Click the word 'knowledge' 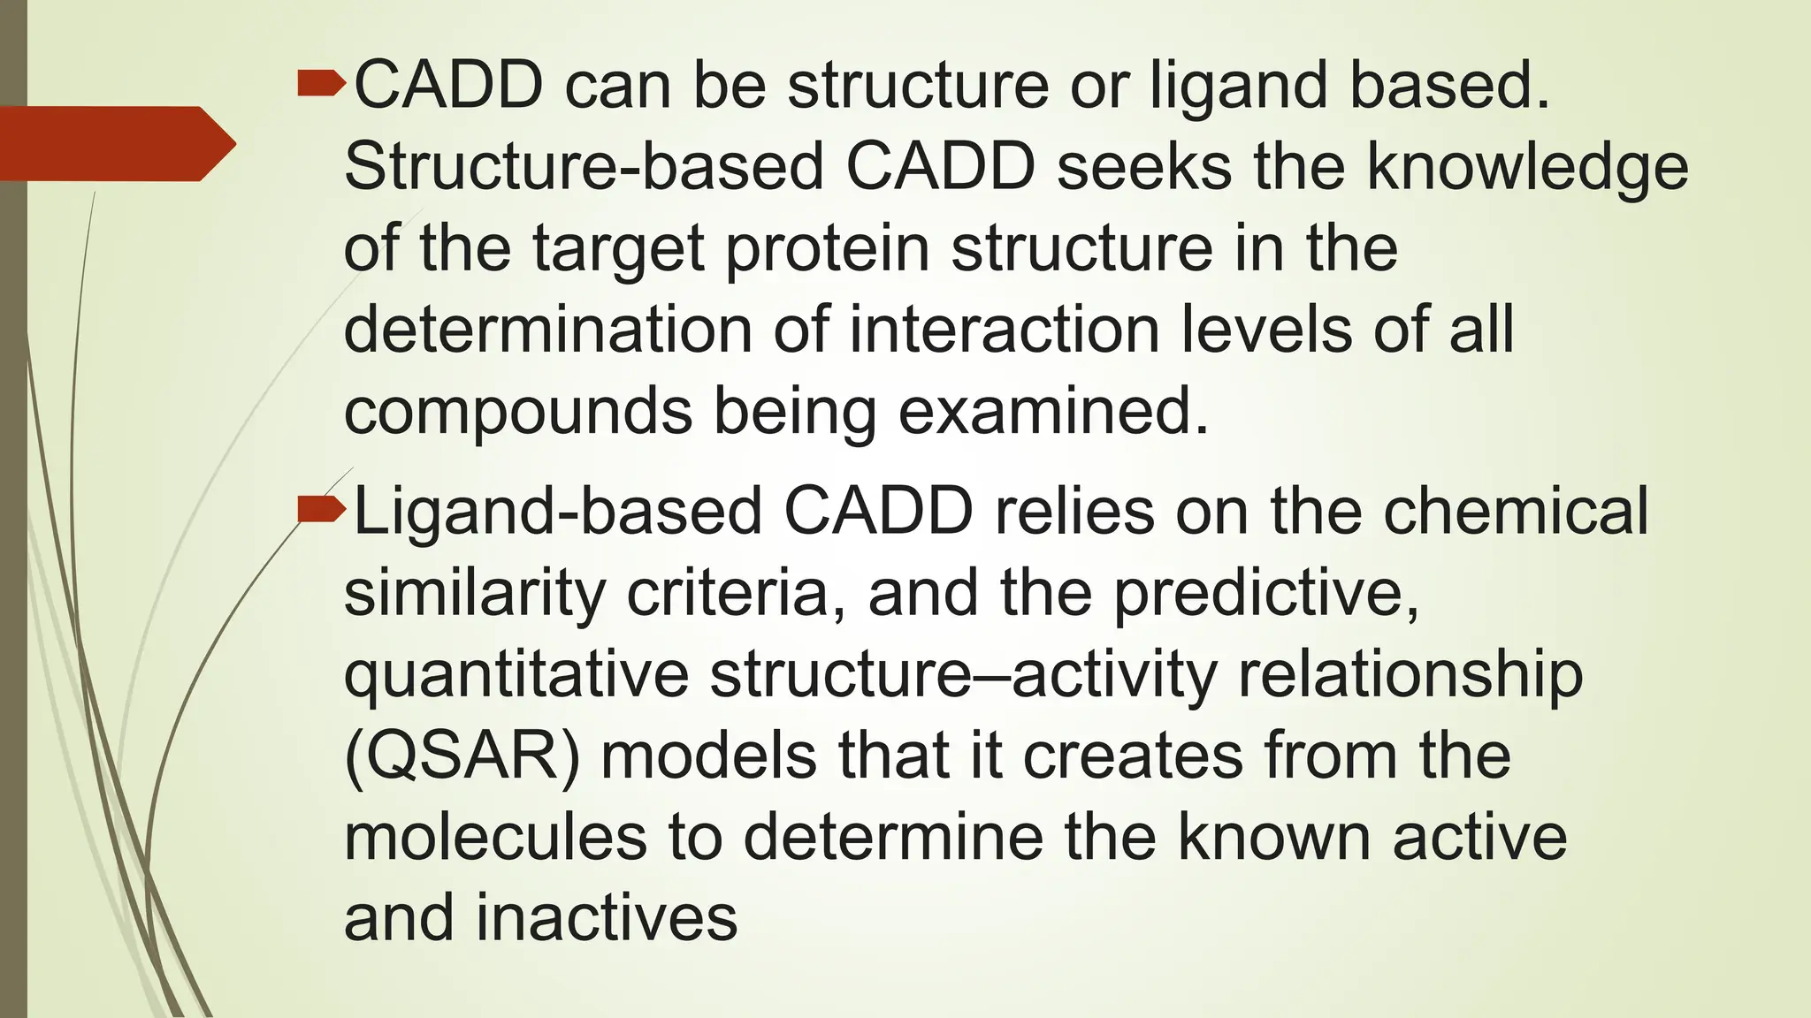coord(1527,168)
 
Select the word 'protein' coord(827,249)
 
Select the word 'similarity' coord(474,594)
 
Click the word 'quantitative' coord(516,676)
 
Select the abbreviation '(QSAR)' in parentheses coord(462,757)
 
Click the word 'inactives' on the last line coord(607,919)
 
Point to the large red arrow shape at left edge coord(115,144)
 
